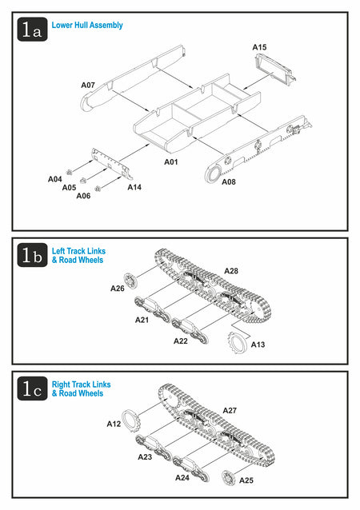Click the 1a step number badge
pyautogui.click(x=32, y=30)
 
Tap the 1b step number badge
pyautogui.click(x=32, y=255)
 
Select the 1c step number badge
pyautogui.click(x=32, y=388)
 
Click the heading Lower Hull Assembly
pyautogui.click(x=87, y=26)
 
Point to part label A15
pyautogui.click(x=259, y=47)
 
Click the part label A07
pyautogui.click(x=88, y=86)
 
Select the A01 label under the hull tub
pyautogui.click(x=171, y=162)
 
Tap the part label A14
pyautogui.click(x=134, y=187)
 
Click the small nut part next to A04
pyautogui.click(x=69, y=172)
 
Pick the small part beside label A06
pyautogui.click(x=97, y=189)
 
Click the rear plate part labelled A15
pyautogui.click(x=275, y=70)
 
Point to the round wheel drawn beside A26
pyautogui.click(x=130, y=281)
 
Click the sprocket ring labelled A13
pyautogui.click(x=237, y=342)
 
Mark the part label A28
pyautogui.click(x=231, y=271)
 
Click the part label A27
pyautogui.click(x=230, y=411)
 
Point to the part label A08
pyautogui.click(x=229, y=182)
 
